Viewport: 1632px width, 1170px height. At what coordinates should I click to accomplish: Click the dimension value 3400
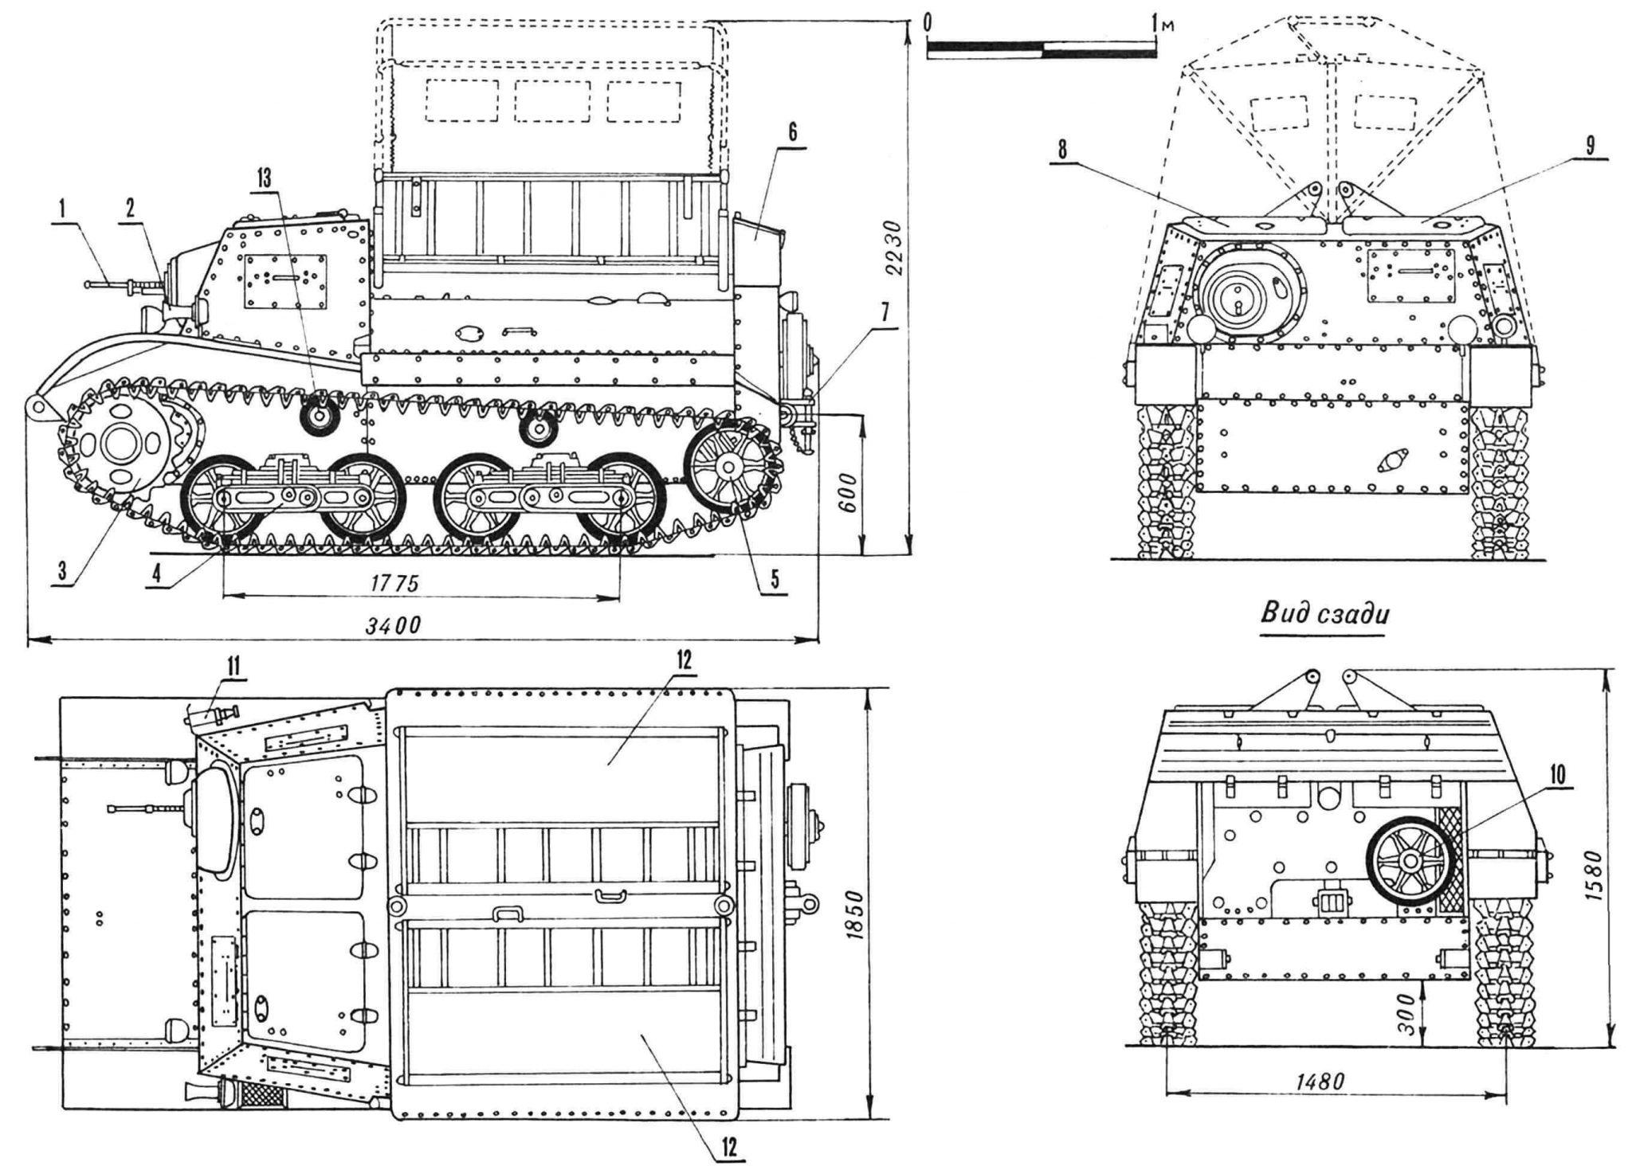(393, 626)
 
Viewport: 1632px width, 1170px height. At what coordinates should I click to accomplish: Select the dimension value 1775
(394, 584)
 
